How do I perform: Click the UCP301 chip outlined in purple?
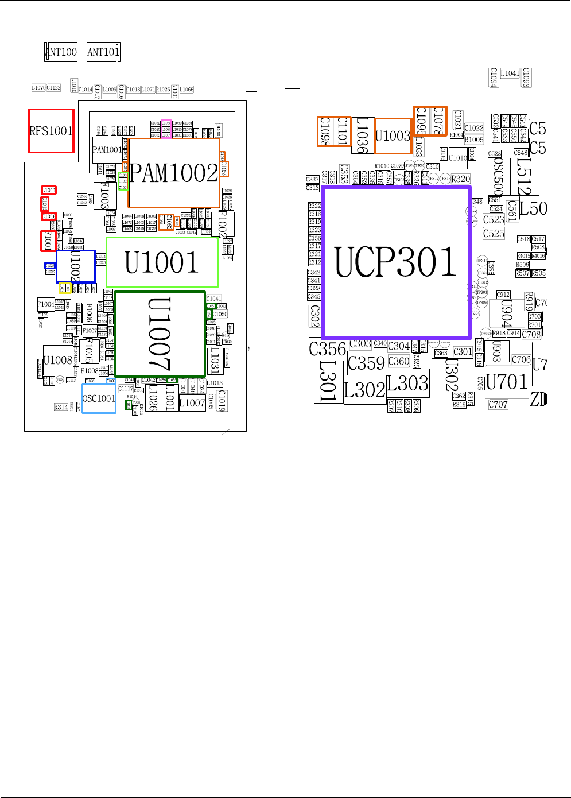pyautogui.click(x=396, y=262)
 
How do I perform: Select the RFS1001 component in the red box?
pyautogui.click(x=52, y=131)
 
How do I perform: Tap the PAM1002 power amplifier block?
pyautogui.click(x=174, y=173)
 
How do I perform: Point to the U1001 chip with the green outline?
pyautogui.click(x=162, y=262)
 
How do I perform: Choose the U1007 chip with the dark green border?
pyautogui.click(x=160, y=334)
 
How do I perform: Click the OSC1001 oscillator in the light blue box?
pyautogui.click(x=99, y=398)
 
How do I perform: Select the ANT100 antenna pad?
pyautogui.click(x=61, y=52)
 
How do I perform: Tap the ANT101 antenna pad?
pyautogui.click(x=103, y=52)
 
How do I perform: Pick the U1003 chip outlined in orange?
pyautogui.click(x=393, y=136)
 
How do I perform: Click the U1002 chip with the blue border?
pyautogui.click(x=76, y=266)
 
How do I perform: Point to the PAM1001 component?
pyautogui.click(x=107, y=150)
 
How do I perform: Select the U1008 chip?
pyautogui.click(x=58, y=361)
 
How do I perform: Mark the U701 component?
pyautogui.click(x=506, y=382)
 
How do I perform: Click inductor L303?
pyautogui.click(x=408, y=383)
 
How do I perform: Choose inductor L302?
pyautogui.click(x=364, y=390)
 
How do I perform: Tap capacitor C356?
pyautogui.click(x=328, y=349)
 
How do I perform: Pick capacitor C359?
pyautogui.click(x=366, y=363)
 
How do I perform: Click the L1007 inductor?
pyautogui.click(x=192, y=403)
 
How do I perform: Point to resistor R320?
pyautogui.click(x=461, y=179)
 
